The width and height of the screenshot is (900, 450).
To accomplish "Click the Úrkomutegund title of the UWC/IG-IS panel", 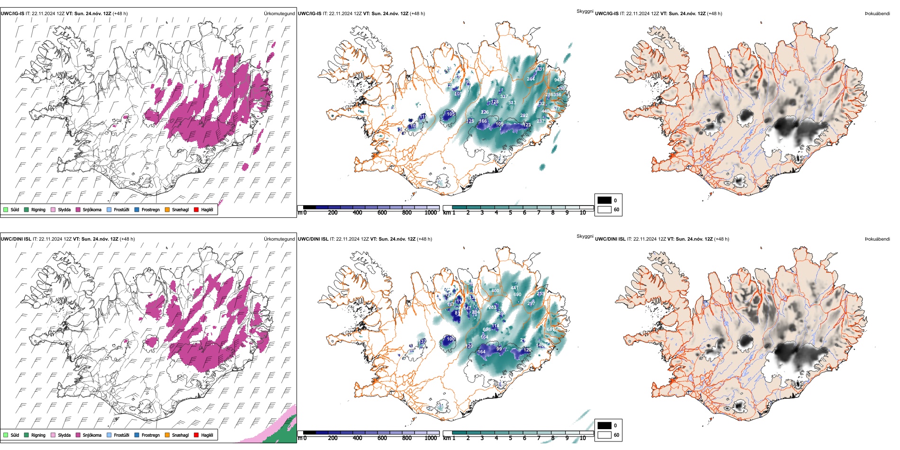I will coord(279,14).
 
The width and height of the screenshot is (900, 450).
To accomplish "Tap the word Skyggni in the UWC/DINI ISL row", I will coord(585,236).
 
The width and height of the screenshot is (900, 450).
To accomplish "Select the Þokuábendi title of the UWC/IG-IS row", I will coord(877,14).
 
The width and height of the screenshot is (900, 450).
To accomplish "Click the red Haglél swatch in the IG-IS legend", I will coord(196,209).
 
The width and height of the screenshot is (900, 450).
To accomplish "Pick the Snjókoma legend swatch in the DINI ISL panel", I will coord(78,435).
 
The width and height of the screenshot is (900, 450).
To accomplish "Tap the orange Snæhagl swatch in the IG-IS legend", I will coord(167,209).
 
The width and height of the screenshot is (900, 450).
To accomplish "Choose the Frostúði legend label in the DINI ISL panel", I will coord(121,435).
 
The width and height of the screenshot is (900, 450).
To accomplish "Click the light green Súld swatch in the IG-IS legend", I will coord(6,209).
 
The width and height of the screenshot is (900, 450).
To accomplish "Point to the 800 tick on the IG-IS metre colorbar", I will coord(407,213).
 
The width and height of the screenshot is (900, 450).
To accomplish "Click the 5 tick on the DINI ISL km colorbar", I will coord(510,438).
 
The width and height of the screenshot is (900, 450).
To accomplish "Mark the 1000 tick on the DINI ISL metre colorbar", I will coord(431,438).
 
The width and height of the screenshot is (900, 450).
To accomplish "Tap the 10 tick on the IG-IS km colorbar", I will coord(583,213).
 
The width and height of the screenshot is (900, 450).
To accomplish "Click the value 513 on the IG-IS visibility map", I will coord(512,103).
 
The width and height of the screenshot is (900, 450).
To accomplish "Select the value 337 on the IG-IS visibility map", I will coord(504,97).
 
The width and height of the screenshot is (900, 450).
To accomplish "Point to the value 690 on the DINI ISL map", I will coord(517,295).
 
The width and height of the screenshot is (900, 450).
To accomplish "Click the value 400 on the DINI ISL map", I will coord(495,291).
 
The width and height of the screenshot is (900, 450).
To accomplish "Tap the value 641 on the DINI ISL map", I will coord(550,330).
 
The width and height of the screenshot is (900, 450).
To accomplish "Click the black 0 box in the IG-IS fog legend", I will coord(604,200).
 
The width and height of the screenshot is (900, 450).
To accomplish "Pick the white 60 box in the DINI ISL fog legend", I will coord(604,435).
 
